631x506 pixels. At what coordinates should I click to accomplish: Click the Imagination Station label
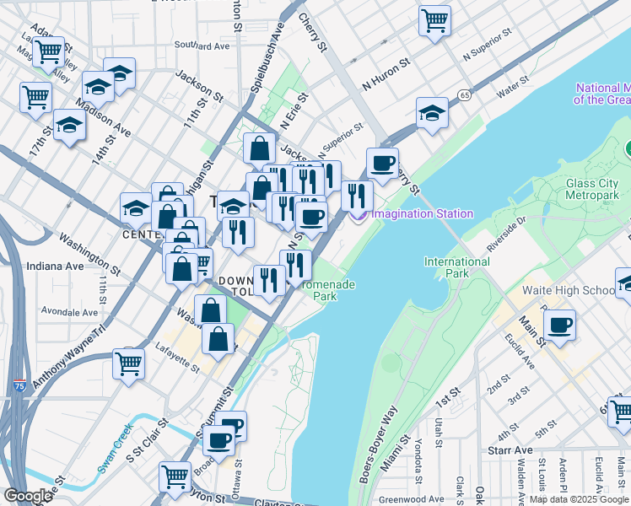coord(422,213)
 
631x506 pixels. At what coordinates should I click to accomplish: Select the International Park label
coord(456,267)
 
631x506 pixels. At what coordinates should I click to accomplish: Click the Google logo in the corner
coord(28,496)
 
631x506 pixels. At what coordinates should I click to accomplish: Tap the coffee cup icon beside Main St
coord(559,325)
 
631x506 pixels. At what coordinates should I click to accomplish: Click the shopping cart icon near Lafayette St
coord(129,364)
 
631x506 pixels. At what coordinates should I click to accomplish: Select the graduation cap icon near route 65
coord(432,113)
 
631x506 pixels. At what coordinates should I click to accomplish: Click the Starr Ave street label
coord(511,451)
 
